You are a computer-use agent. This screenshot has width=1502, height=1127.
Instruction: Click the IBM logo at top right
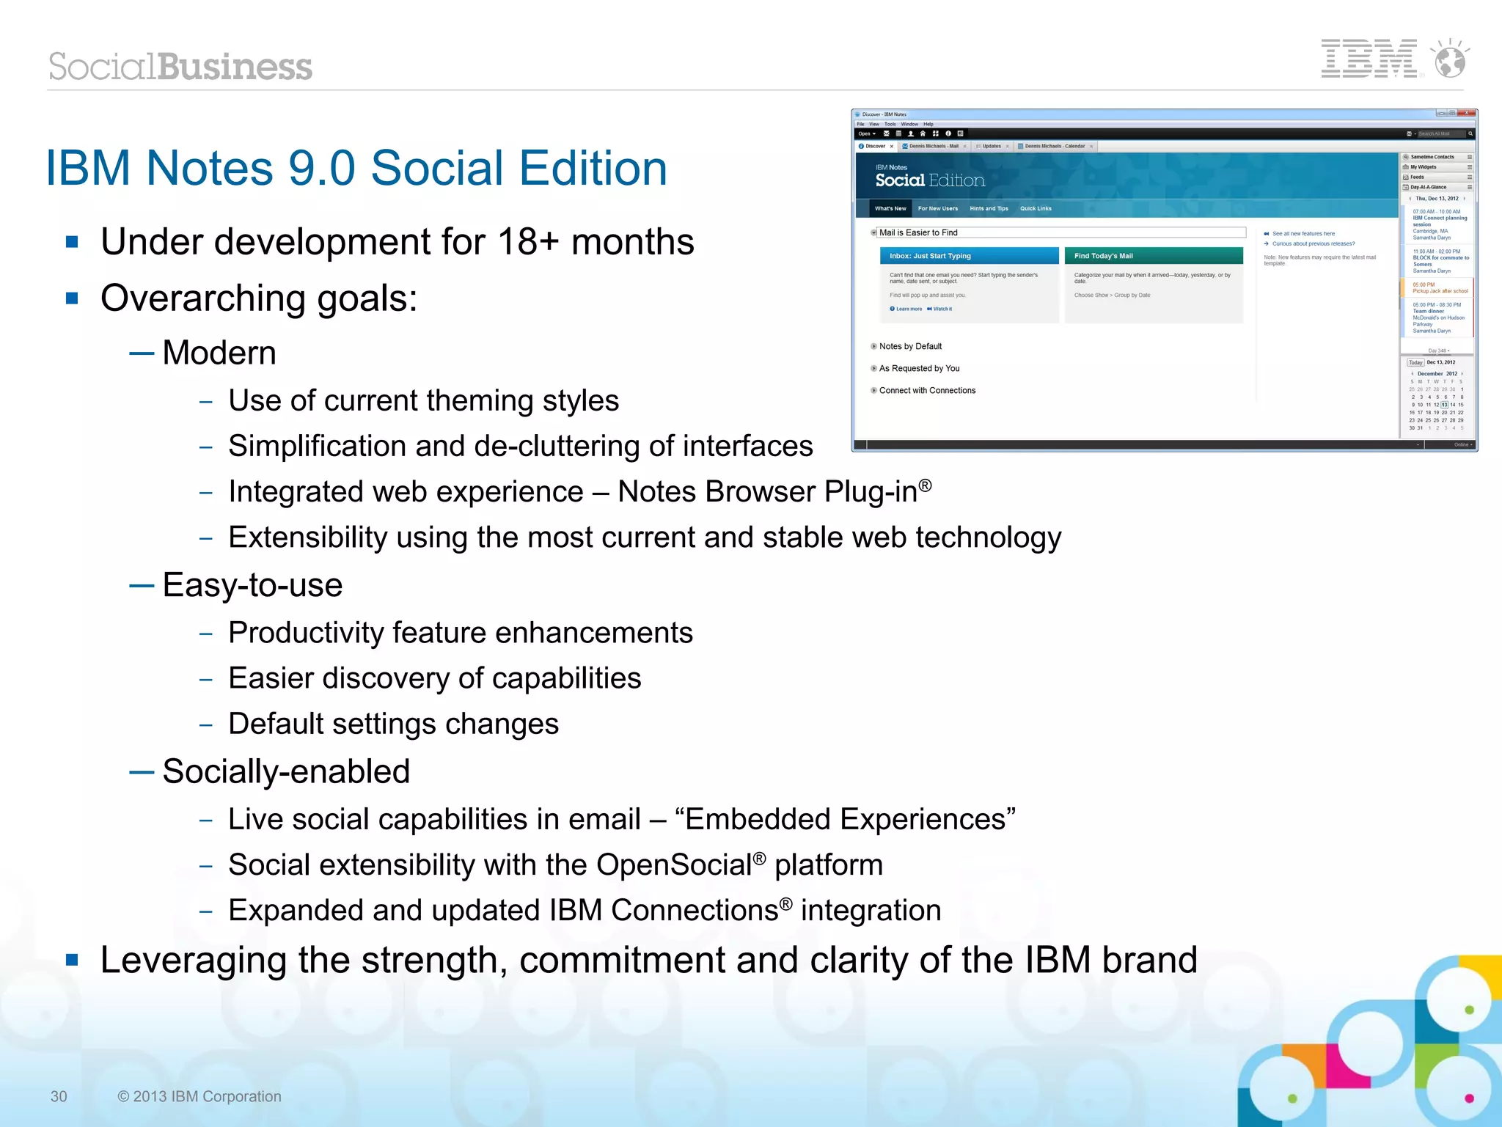point(1369,59)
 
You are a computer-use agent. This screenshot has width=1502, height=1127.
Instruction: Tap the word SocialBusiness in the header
point(180,67)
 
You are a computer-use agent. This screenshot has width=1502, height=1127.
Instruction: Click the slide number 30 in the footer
point(59,1096)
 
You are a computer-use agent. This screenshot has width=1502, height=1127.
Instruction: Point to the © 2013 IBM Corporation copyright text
point(199,1096)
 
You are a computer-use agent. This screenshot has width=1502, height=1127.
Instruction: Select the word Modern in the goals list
point(219,353)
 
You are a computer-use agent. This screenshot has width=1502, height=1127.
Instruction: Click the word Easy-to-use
point(252,585)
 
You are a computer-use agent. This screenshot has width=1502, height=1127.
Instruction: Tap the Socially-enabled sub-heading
point(286,771)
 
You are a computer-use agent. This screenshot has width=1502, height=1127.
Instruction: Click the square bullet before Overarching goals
point(72,298)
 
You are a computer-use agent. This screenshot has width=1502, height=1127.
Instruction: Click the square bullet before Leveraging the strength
point(72,960)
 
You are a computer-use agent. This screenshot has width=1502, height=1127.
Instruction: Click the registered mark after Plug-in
point(926,485)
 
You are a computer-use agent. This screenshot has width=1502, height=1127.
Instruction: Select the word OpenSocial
point(673,865)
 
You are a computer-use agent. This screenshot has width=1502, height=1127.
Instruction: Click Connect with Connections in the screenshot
point(927,391)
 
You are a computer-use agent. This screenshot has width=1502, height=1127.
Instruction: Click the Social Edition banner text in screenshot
point(929,180)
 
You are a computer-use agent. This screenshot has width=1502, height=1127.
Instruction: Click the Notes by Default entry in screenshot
point(910,347)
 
